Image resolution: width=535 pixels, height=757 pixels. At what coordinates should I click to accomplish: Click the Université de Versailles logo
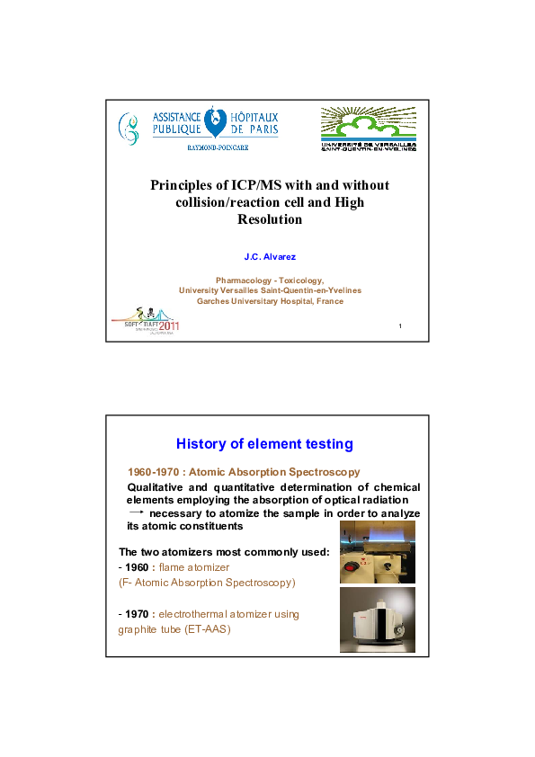coord(369,128)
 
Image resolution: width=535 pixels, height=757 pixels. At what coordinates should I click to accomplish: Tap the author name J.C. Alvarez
coord(270,256)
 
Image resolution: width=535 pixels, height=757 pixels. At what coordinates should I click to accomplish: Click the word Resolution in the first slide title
coord(270,219)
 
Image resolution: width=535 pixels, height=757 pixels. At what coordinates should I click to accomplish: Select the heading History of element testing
coord(264,443)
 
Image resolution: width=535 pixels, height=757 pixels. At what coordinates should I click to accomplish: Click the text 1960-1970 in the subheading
coord(152,472)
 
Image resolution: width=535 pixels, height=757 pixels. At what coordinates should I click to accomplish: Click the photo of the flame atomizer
coord(377,552)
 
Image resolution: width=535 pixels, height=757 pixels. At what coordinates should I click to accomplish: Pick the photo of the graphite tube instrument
coord(377,620)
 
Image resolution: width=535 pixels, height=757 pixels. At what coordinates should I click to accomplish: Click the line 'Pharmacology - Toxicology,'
coord(270,280)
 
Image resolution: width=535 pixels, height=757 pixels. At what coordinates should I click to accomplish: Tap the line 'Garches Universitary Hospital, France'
coord(270,301)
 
